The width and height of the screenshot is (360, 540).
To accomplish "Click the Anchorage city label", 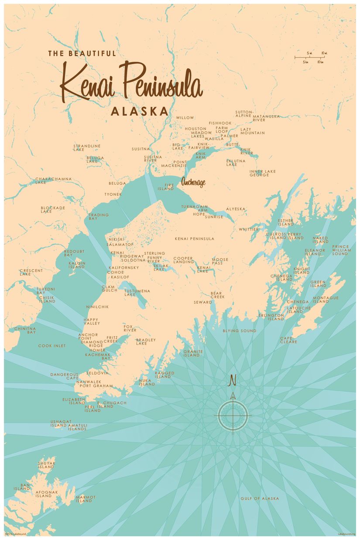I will pyautogui.click(x=193, y=183).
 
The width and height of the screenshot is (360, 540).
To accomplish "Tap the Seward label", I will pyautogui.click(x=203, y=302).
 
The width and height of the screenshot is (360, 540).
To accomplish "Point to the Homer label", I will pyautogui.click(x=97, y=350).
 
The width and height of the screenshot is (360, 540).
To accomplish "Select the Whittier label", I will pyautogui.click(x=248, y=229).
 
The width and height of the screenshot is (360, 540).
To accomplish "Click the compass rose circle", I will pyautogui.click(x=233, y=415).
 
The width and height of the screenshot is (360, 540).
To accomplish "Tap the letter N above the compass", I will pyautogui.click(x=233, y=380).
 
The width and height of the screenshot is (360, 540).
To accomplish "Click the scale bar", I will pyautogui.click(x=310, y=57).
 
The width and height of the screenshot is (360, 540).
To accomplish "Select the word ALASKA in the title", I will pyautogui.click(x=139, y=111).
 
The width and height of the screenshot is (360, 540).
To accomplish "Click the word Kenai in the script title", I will pyautogui.click(x=87, y=83).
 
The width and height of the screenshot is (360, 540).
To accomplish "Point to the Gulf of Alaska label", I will pyautogui.click(x=260, y=498).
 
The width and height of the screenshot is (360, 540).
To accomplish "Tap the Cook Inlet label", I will pyautogui.click(x=52, y=346).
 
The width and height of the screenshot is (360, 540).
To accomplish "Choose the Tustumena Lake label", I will pyautogui.click(x=137, y=292).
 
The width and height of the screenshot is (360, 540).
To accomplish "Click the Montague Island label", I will pyautogui.click(x=326, y=299).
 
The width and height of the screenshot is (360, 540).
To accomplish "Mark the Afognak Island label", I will pyautogui.click(x=47, y=494).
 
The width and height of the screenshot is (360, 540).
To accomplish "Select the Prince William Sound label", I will pyautogui.click(x=340, y=250).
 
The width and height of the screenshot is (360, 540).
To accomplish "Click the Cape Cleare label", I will pyautogui.click(x=288, y=340).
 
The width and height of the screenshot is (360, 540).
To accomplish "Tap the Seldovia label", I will pyautogui.click(x=97, y=373).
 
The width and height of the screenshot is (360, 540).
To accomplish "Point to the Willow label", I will pyautogui.click(x=185, y=118).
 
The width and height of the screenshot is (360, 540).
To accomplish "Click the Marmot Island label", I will pyautogui.click(x=86, y=499).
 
